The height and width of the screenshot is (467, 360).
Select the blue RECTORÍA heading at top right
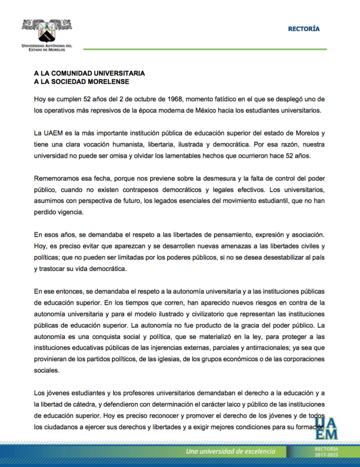pos(303,29)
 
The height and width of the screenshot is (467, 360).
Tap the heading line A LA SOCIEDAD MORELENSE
pos(82,82)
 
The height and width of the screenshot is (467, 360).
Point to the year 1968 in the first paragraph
pos(172,99)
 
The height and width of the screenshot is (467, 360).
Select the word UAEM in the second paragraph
pos(51,133)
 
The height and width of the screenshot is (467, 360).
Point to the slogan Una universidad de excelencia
pos(230,451)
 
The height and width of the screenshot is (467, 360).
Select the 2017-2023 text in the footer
pos(326,455)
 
